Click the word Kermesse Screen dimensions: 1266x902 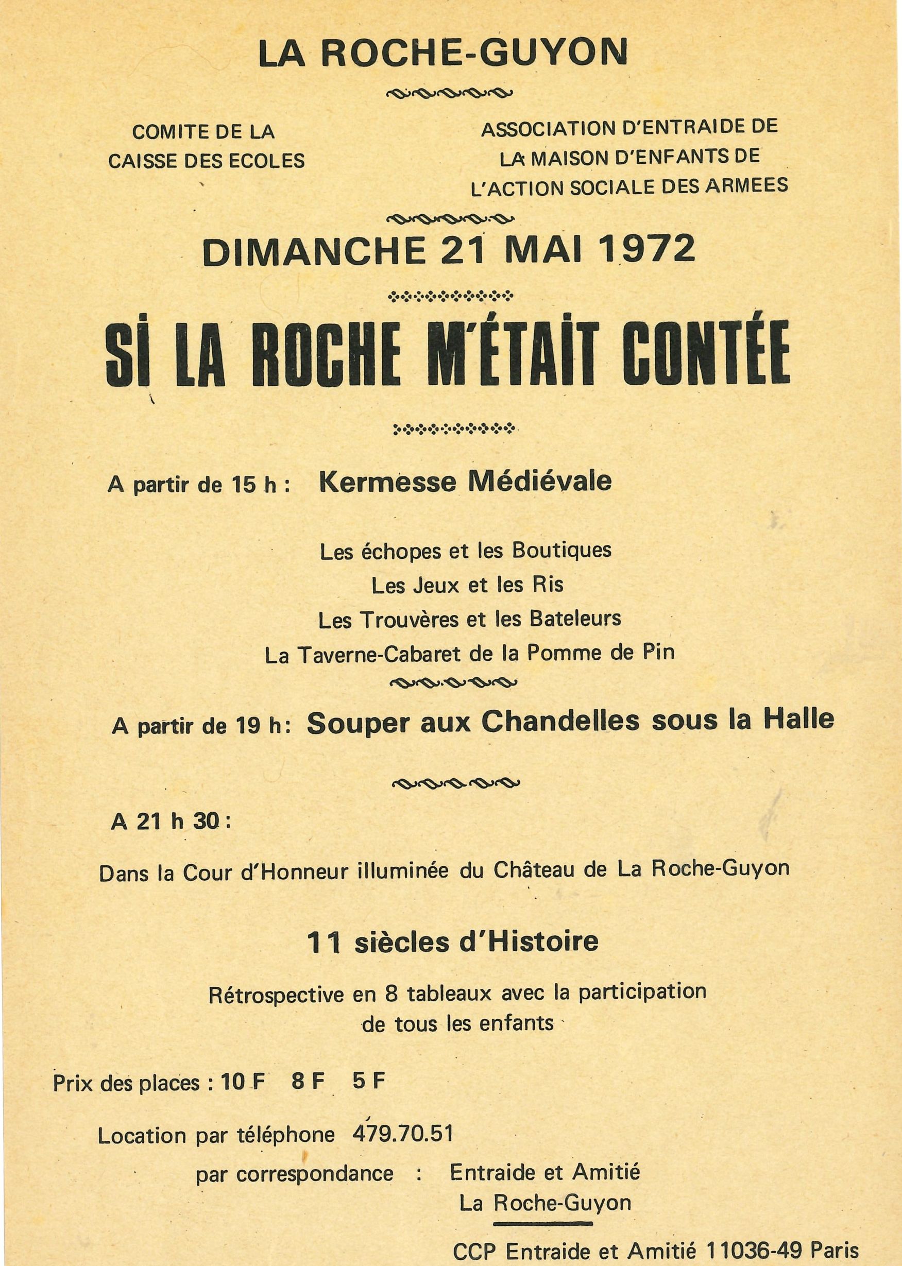387,482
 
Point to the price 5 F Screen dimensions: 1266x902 369,1081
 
